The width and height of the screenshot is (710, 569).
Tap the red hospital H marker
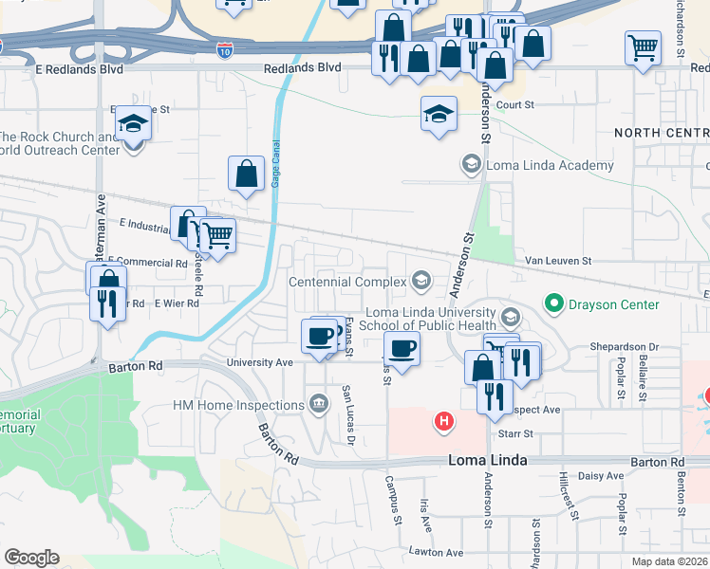pyautogui.click(x=442, y=420)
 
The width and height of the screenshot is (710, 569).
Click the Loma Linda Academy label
pyautogui.click(x=550, y=165)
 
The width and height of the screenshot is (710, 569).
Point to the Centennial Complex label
pyautogui.click(x=347, y=282)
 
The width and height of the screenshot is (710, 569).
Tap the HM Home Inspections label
pyautogui.click(x=238, y=405)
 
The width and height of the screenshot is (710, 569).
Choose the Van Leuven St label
pyautogui.click(x=559, y=260)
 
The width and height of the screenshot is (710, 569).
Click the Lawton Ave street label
pyautogui.click(x=436, y=552)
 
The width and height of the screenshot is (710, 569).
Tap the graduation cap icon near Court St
pyautogui.click(x=439, y=114)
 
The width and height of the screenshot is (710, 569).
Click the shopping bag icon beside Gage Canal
pyautogui.click(x=246, y=173)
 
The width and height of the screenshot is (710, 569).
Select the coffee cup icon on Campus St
pyautogui.click(x=402, y=347)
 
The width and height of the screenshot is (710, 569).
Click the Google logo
pyautogui.click(x=31, y=558)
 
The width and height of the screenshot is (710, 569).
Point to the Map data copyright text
pyautogui.click(x=669, y=561)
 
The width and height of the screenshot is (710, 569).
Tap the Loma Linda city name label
pyautogui.click(x=486, y=461)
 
